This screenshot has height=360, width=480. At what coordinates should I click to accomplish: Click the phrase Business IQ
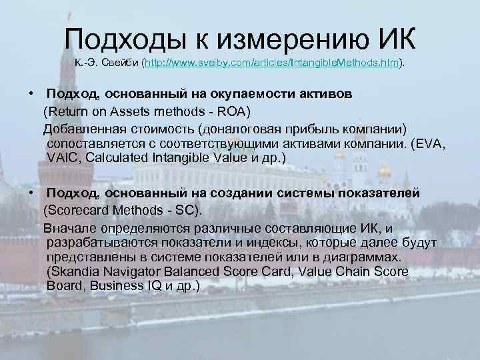123,287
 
